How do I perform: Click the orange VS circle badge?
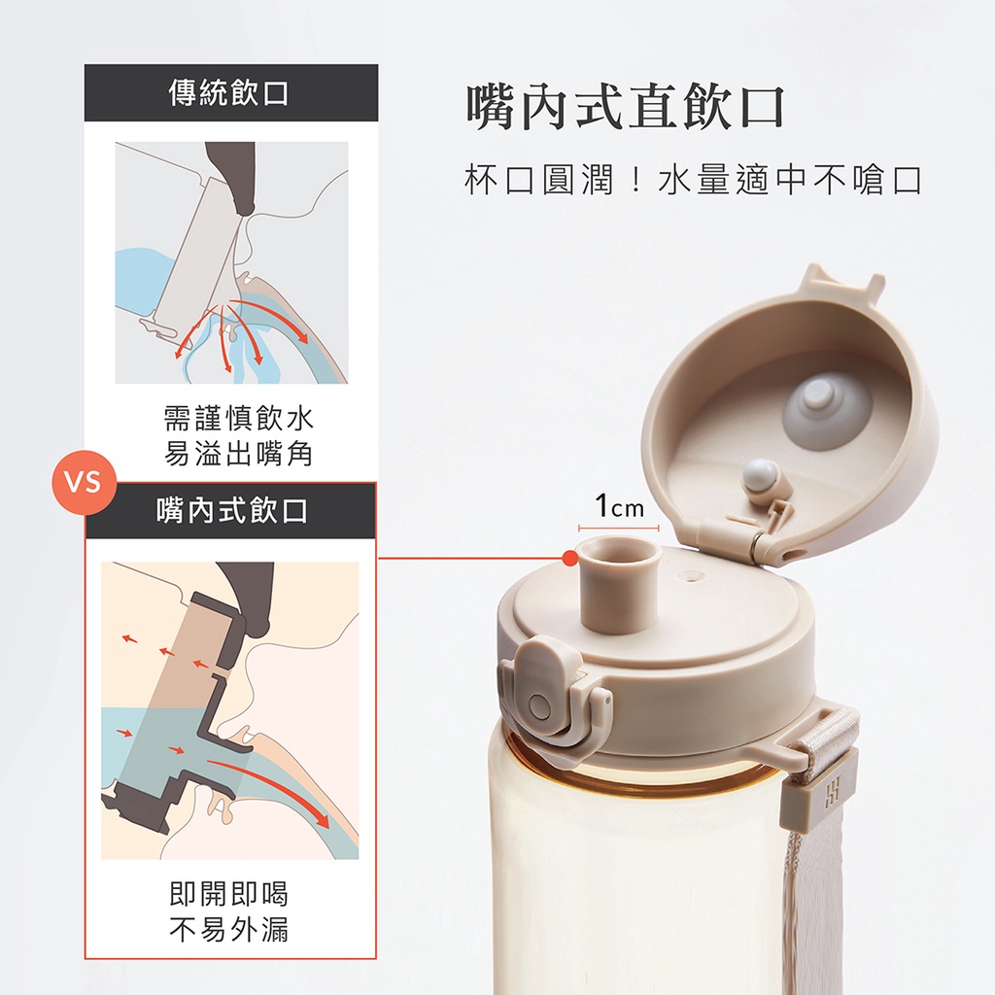click(x=84, y=482)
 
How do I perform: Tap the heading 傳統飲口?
click(x=229, y=93)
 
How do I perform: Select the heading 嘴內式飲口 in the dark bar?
click(x=232, y=510)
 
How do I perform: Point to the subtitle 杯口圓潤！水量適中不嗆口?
click(x=693, y=180)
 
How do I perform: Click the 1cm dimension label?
click(x=619, y=506)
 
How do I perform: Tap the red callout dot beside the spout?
click(x=570, y=559)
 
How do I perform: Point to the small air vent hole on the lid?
click(x=691, y=577)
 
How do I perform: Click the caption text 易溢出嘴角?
click(x=239, y=455)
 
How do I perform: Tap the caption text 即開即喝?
click(x=229, y=894)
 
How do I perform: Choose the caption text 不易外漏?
click(x=229, y=930)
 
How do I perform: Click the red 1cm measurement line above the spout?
click(x=619, y=528)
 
